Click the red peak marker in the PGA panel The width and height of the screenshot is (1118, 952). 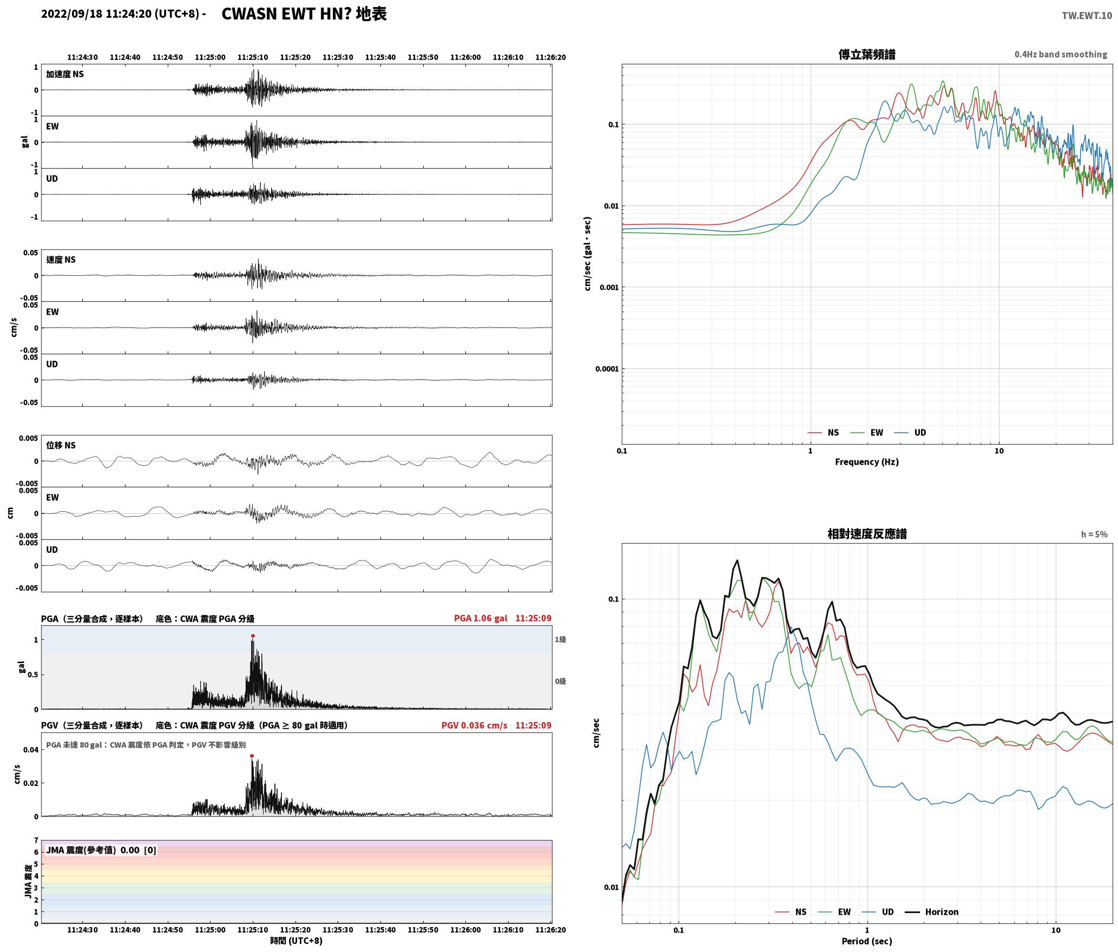(x=253, y=636)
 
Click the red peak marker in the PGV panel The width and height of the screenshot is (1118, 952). (x=252, y=756)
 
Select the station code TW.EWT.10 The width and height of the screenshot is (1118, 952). (x=1087, y=15)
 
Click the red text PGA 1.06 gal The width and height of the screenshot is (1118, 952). (x=481, y=618)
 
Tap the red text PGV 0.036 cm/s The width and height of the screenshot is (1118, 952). (x=474, y=725)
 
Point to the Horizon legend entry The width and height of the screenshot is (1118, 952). (x=932, y=912)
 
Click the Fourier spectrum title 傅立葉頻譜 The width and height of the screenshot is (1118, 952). (x=867, y=55)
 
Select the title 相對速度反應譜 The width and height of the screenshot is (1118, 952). (x=867, y=534)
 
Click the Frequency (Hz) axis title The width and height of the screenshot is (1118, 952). (x=867, y=462)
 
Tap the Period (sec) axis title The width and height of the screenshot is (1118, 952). (x=867, y=941)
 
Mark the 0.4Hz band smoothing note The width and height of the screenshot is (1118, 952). (x=1061, y=55)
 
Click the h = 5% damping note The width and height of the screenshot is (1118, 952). (x=1094, y=534)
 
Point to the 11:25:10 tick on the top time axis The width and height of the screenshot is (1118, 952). (x=253, y=57)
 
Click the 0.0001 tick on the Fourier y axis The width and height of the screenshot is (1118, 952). (x=607, y=369)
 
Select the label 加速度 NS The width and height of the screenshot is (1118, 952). (x=65, y=74)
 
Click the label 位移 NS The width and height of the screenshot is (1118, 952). (x=61, y=445)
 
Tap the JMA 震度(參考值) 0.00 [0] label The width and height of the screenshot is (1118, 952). (x=101, y=850)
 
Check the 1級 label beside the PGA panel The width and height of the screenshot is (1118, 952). (x=560, y=640)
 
